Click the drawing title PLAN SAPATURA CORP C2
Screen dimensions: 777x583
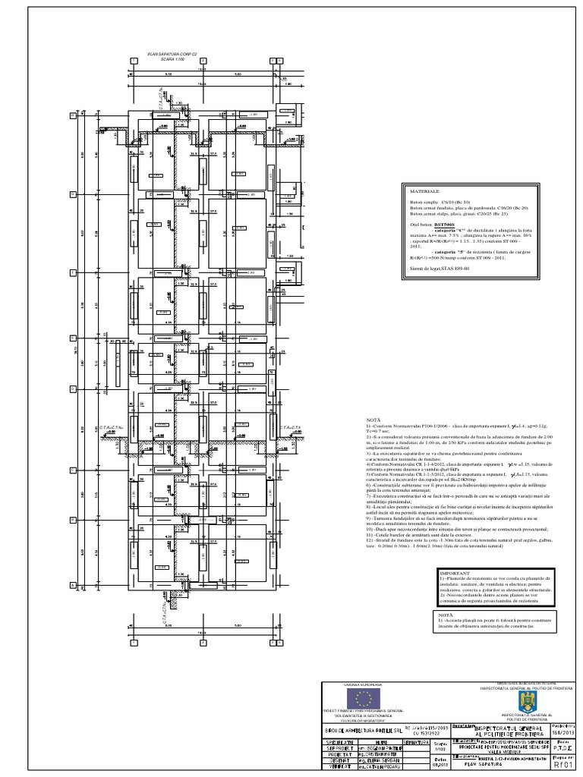pyautogui.click(x=172, y=55)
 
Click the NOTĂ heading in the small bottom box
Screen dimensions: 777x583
pyautogui.click(x=446, y=615)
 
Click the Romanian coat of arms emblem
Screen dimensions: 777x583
pyautogui.click(x=524, y=701)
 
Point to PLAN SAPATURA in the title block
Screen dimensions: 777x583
pyautogui.click(x=481, y=765)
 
